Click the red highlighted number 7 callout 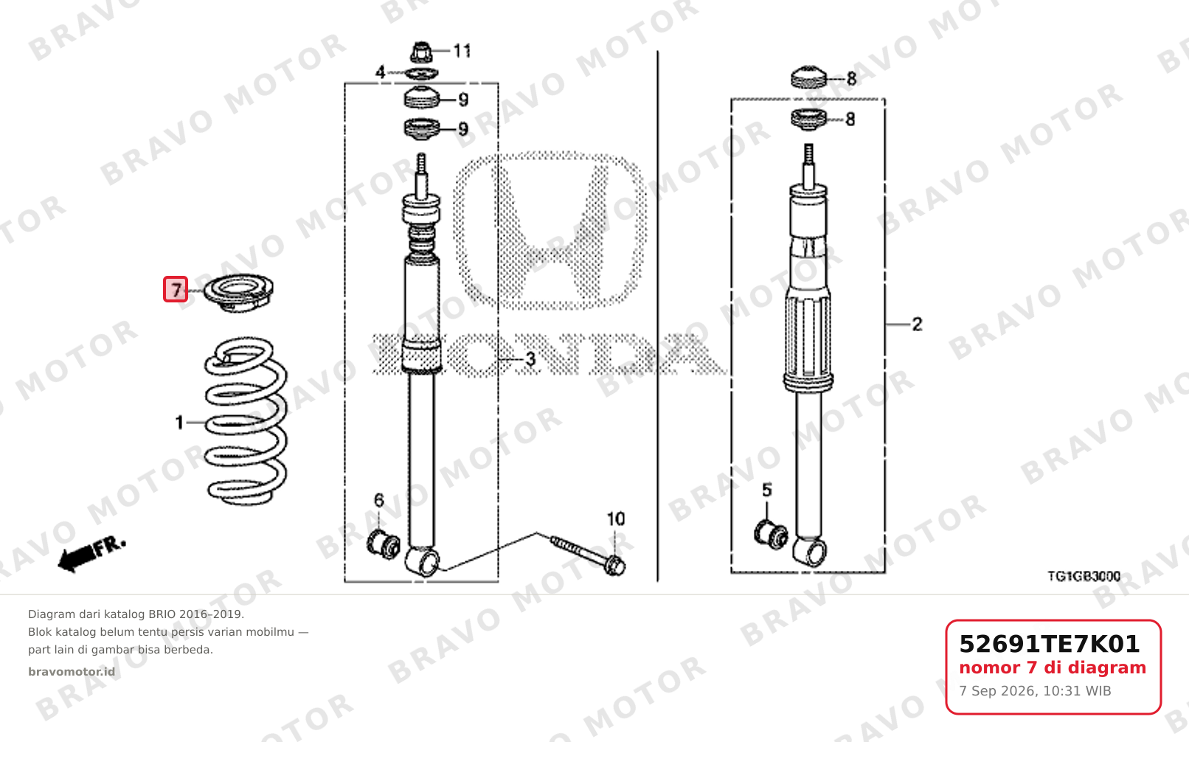pos(175,289)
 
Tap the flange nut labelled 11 pos(421,52)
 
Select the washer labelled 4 pos(422,73)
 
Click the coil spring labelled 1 pos(246,421)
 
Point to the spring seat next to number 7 pos(239,293)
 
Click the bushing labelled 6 pos(384,544)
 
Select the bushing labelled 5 pos(771,535)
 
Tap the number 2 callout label pos(917,325)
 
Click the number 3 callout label pos(530,359)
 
